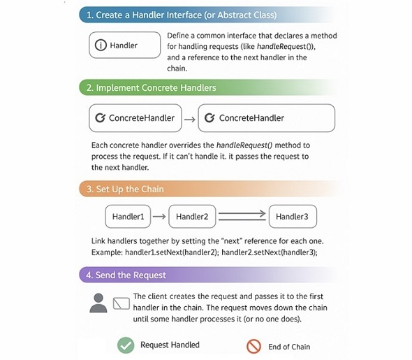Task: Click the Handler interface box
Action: click(121, 45)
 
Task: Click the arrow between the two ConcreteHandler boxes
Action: click(189, 119)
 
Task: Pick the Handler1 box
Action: click(128, 217)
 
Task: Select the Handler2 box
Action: click(192, 217)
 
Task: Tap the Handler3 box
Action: click(292, 217)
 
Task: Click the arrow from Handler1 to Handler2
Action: click(159, 217)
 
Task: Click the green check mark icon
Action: click(125, 345)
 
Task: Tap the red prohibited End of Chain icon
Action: click(253, 346)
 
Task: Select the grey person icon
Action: click(99, 303)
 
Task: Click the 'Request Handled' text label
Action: click(170, 345)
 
